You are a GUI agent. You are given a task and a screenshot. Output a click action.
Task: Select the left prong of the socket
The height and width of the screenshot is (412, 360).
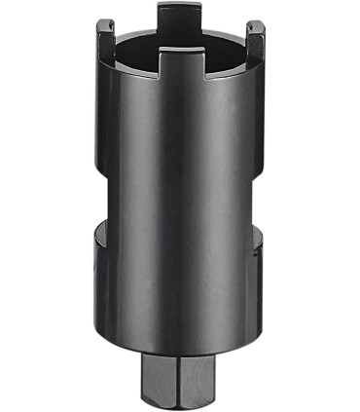click(104, 41)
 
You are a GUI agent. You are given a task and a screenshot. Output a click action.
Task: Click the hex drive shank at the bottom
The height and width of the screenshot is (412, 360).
click(179, 381)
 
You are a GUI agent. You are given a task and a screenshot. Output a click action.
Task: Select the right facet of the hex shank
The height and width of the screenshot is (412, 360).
click(199, 381)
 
